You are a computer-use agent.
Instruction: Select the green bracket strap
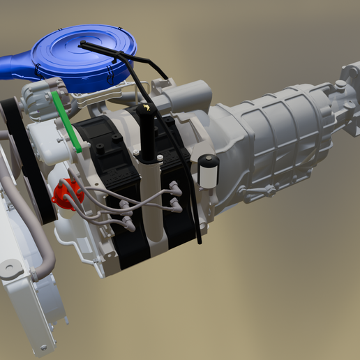pyautogui.click(x=68, y=122)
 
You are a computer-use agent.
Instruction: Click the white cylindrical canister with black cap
pyautogui.click(x=208, y=171)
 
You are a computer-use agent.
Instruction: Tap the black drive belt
pyautogui.click(x=28, y=160)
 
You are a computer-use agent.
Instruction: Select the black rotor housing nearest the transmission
pyautogui.click(x=174, y=209)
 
